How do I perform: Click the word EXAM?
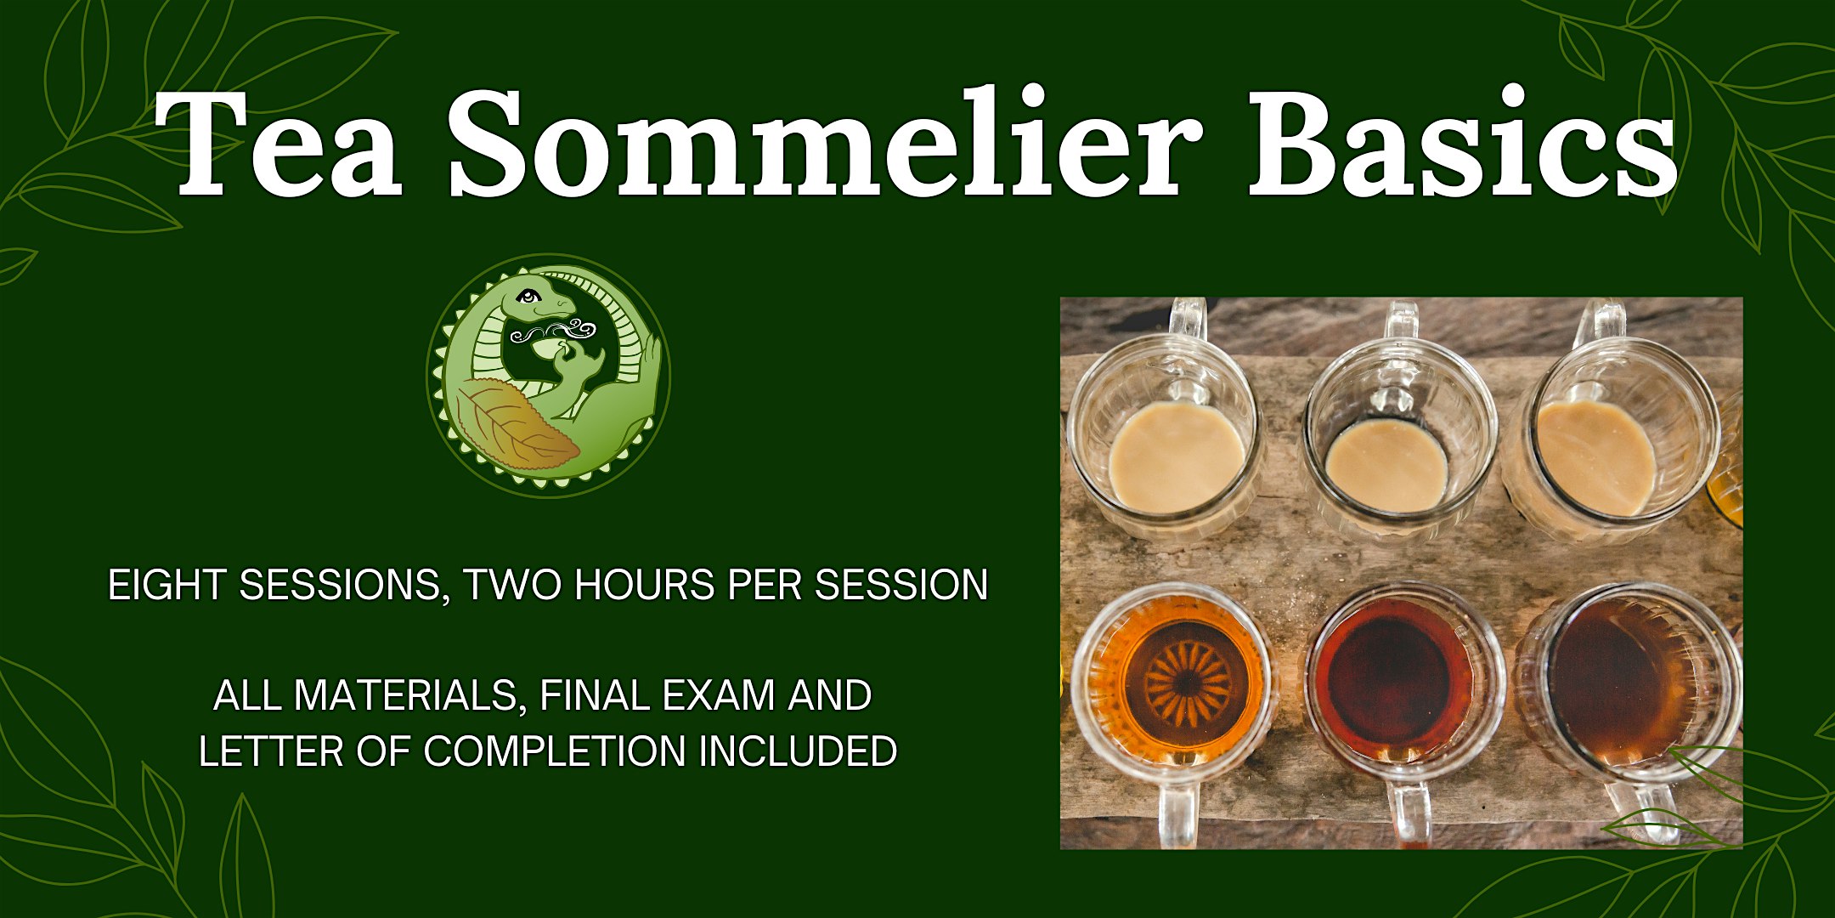coord(719,695)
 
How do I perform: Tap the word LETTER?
coord(271,751)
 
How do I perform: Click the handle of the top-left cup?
coord(1187,320)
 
